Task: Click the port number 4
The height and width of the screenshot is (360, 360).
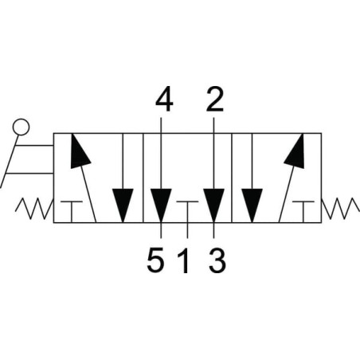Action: click(164, 100)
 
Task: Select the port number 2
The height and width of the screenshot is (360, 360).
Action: click(214, 100)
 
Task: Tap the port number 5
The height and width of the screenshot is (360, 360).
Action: click(155, 260)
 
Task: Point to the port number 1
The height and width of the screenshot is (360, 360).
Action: click(184, 260)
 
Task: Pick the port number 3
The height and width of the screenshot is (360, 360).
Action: click(217, 260)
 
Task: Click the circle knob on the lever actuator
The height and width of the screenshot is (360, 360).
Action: click(21, 127)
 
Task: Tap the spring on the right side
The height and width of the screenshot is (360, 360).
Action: click(341, 209)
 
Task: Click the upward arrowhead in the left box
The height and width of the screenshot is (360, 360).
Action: click(79, 151)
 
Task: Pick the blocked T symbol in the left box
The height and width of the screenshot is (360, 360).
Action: click(72, 212)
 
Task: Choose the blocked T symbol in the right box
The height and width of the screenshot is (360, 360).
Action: click(303, 212)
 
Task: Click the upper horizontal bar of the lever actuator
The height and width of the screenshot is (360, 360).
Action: click(34, 146)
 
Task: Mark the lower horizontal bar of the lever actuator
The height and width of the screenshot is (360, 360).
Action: click(29, 174)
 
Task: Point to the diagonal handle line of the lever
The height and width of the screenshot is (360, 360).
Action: click(10, 162)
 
